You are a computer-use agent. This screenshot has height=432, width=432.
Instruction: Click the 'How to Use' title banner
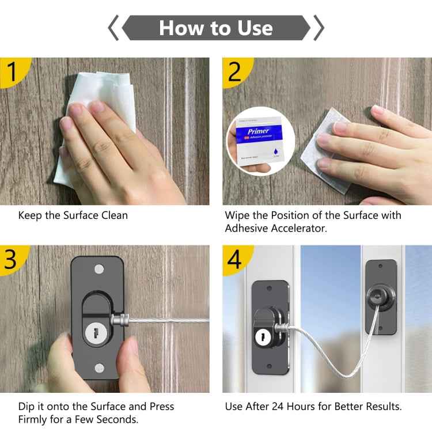click(215, 28)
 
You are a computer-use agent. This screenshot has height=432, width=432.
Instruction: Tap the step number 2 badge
click(235, 71)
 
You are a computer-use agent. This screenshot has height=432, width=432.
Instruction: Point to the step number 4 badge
click(235, 259)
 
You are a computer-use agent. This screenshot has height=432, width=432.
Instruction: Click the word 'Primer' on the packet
click(258, 131)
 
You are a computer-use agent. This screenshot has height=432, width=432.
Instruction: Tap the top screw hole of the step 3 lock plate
click(98, 268)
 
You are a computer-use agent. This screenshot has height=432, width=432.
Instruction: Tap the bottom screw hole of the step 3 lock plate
click(98, 367)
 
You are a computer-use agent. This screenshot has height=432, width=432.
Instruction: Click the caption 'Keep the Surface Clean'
click(73, 215)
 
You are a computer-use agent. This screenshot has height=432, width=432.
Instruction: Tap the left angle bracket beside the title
click(113, 28)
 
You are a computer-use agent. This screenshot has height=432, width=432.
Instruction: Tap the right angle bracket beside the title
click(318, 28)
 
